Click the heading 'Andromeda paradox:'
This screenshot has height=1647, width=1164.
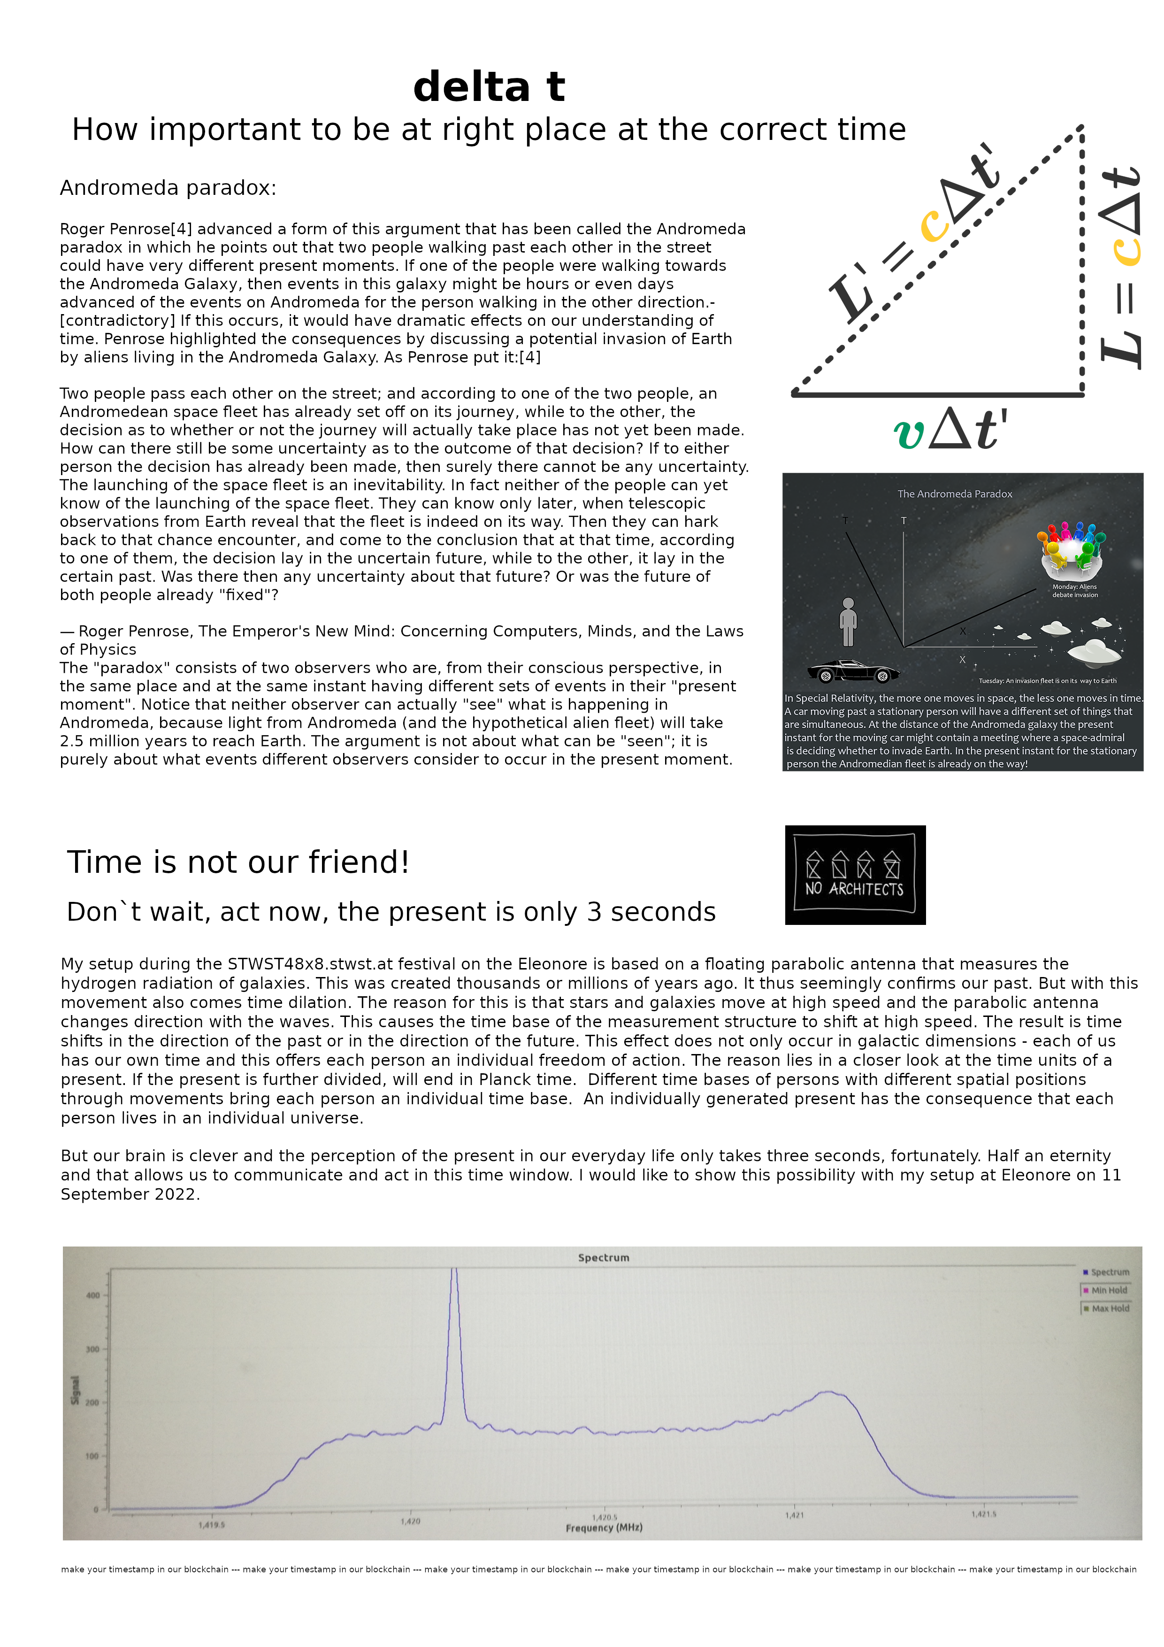click(x=168, y=188)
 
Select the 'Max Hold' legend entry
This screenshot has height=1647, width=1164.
click(x=1109, y=1308)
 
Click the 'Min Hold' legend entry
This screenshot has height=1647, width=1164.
click(x=1108, y=1290)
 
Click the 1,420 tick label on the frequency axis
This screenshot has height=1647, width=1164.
click(x=410, y=1521)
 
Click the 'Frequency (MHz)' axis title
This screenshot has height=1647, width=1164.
click(x=604, y=1527)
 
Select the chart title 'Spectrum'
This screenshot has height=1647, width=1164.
click(x=603, y=1257)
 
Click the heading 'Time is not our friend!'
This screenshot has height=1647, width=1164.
click(x=237, y=862)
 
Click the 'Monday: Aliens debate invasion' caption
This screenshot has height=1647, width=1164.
click(x=1074, y=590)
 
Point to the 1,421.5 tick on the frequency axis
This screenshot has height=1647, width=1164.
click(x=983, y=1514)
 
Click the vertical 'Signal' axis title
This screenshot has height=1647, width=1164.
click(x=75, y=1390)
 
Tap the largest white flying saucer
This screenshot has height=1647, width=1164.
click(x=1094, y=651)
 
